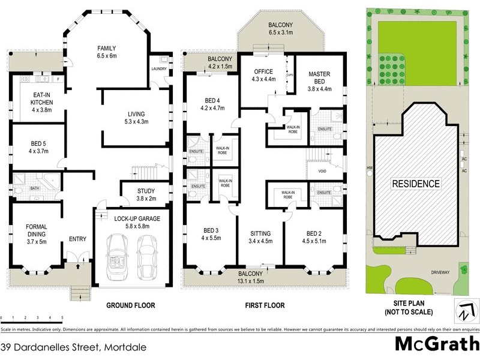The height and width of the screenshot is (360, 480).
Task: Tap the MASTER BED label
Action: coord(319,78)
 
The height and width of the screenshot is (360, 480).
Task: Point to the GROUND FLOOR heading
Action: coord(131,305)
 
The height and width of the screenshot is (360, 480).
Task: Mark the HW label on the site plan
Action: coord(368,169)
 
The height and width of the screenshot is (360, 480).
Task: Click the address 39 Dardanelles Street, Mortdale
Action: coord(73,347)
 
